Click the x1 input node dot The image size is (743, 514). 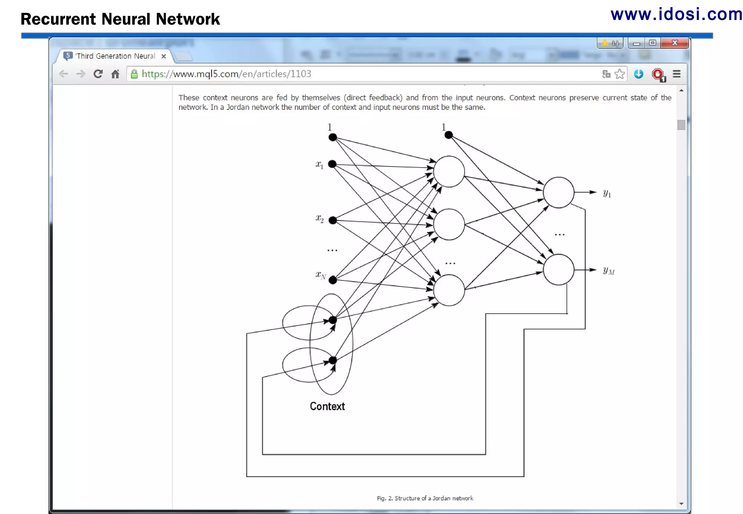click(332, 164)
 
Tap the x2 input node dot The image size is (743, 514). click(333, 220)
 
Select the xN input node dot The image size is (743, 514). click(333, 280)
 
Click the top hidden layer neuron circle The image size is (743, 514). click(449, 171)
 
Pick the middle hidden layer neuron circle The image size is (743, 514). click(449, 224)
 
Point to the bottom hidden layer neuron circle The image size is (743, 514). click(449, 290)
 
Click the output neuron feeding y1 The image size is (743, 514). click(558, 192)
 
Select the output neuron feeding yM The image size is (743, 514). click(558, 270)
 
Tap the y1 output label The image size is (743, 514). click(607, 193)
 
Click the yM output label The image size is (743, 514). click(608, 271)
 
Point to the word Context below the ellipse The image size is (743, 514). click(327, 406)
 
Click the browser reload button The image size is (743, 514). click(98, 74)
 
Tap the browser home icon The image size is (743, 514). click(115, 74)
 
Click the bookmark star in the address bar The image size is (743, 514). click(620, 74)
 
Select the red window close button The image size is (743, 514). click(674, 43)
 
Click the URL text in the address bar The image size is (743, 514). click(226, 74)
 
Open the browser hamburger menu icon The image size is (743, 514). click(676, 74)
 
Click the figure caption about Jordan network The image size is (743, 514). click(425, 498)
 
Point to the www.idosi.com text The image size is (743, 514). click(676, 14)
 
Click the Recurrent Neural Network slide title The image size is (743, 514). click(120, 19)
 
